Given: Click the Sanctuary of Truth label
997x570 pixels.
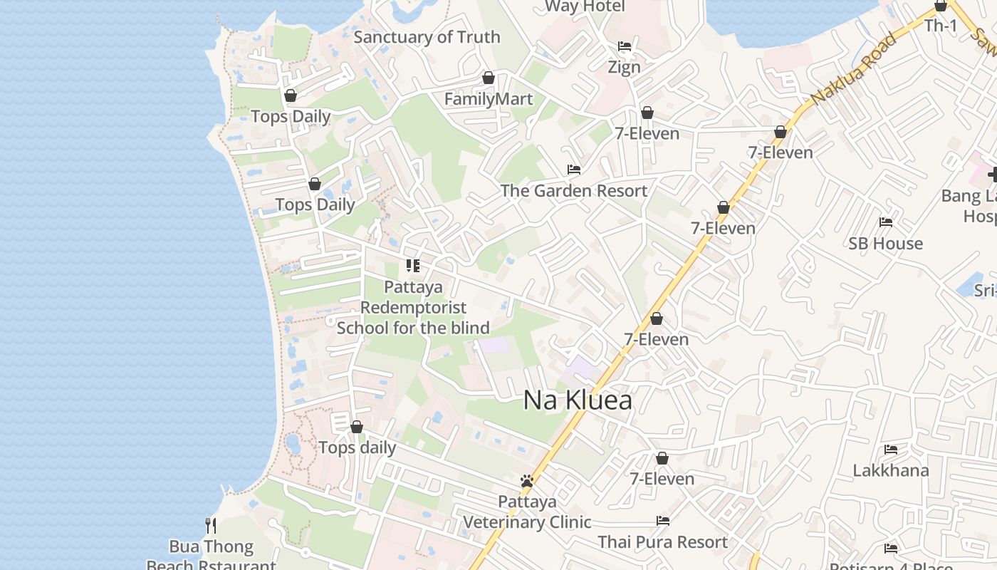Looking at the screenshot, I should click(x=427, y=37).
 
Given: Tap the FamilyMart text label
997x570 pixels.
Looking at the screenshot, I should click(x=489, y=99).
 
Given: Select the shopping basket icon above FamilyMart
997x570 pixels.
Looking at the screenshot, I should click(x=489, y=78).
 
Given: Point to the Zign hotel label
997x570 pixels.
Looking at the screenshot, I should click(x=624, y=67).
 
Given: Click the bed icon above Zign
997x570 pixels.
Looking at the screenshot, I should click(x=625, y=46).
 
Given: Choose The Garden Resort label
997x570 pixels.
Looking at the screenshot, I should click(x=574, y=191).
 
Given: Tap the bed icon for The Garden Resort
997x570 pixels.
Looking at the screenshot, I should click(x=574, y=170).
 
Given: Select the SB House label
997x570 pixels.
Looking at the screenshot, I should click(x=885, y=244).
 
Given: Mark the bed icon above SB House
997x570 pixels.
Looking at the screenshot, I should click(x=886, y=222).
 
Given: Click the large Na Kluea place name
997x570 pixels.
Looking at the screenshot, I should click(x=578, y=400).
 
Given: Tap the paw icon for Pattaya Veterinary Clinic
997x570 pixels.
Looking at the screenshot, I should click(x=527, y=481).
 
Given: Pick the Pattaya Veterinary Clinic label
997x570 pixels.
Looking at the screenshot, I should click(x=527, y=512).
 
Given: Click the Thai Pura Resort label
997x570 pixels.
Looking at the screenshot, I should click(x=663, y=542).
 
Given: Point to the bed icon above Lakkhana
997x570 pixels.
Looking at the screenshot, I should click(x=891, y=450).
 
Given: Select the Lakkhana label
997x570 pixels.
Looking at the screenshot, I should click(x=891, y=471).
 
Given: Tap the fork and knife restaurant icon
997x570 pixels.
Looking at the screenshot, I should click(x=211, y=526).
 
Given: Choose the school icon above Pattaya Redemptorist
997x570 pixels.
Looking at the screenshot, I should click(x=413, y=266).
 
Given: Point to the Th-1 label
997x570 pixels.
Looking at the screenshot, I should click(x=941, y=26).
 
